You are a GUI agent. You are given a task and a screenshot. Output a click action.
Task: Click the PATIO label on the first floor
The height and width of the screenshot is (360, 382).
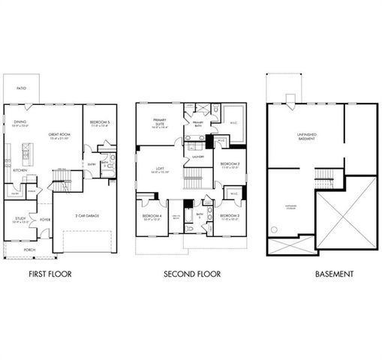(22, 88)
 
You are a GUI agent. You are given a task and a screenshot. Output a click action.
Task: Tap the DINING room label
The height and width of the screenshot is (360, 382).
(20, 121)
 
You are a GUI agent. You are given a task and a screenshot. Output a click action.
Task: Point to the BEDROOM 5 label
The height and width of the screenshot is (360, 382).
(99, 122)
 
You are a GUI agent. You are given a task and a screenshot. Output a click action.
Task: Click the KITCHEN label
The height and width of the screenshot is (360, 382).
(20, 170)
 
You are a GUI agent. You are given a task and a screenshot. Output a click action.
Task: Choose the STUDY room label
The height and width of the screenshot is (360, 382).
(20, 218)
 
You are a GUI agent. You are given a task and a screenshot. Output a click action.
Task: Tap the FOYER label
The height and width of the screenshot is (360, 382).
(45, 220)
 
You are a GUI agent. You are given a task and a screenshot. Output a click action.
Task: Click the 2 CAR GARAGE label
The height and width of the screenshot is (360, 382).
(86, 216)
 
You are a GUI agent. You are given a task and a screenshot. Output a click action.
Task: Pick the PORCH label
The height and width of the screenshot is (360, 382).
(29, 250)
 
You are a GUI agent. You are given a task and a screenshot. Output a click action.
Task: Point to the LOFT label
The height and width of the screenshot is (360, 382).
(159, 169)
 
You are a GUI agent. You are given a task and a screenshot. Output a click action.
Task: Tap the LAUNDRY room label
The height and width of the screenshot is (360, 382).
(198, 157)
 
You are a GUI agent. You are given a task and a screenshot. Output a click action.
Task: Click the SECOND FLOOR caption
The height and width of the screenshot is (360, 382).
(192, 274)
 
